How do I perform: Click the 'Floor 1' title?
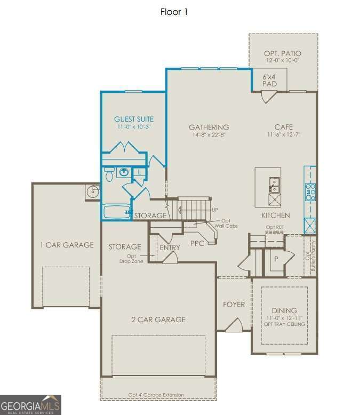click(x=174, y=12)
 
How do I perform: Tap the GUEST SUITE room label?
click(x=134, y=119)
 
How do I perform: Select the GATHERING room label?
click(x=209, y=127)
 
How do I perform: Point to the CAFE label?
click(x=283, y=127)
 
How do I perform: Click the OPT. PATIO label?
click(x=283, y=53)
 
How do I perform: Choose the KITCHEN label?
click(x=275, y=215)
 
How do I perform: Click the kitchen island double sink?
click(x=274, y=185)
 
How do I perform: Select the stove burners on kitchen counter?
click(x=310, y=191)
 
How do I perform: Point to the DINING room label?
click(x=284, y=310)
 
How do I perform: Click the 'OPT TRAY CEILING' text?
click(x=284, y=324)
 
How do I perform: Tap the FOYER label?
click(x=234, y=305)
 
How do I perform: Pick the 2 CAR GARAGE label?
click(x=158, y=320)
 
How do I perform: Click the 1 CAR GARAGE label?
click(x=67, y=245)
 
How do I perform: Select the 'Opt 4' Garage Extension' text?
click(x=156, y=395)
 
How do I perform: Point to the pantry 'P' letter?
click(x=276, y=259)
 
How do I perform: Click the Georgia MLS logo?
click(x=30, y=405)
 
